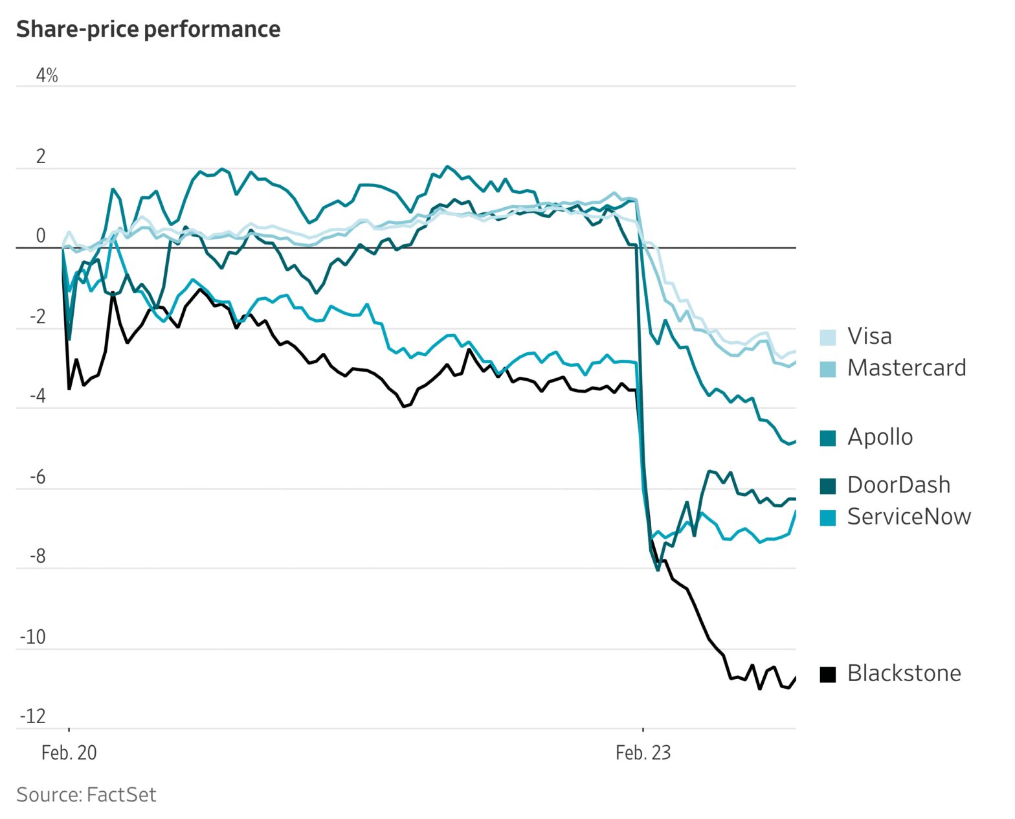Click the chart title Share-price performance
point(148,29)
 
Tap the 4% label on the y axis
point(47,76)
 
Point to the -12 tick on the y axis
point(33,716)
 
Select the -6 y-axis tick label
point(38,477)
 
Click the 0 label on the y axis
point(41,236)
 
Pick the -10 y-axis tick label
point(33,637)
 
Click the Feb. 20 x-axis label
point(69,752)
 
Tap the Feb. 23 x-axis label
point(643,752)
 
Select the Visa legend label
point(869,337)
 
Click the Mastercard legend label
point(906,368)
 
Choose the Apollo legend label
point(880,437)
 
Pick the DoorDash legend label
point(898,485)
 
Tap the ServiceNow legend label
point(909,517)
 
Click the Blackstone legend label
point(904,673)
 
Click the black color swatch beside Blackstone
point(827,674)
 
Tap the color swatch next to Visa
point(827,337)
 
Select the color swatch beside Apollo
point(827,438)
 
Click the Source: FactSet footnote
point(86,794)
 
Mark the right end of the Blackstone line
point(795,678)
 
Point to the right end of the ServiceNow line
point(795,511)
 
